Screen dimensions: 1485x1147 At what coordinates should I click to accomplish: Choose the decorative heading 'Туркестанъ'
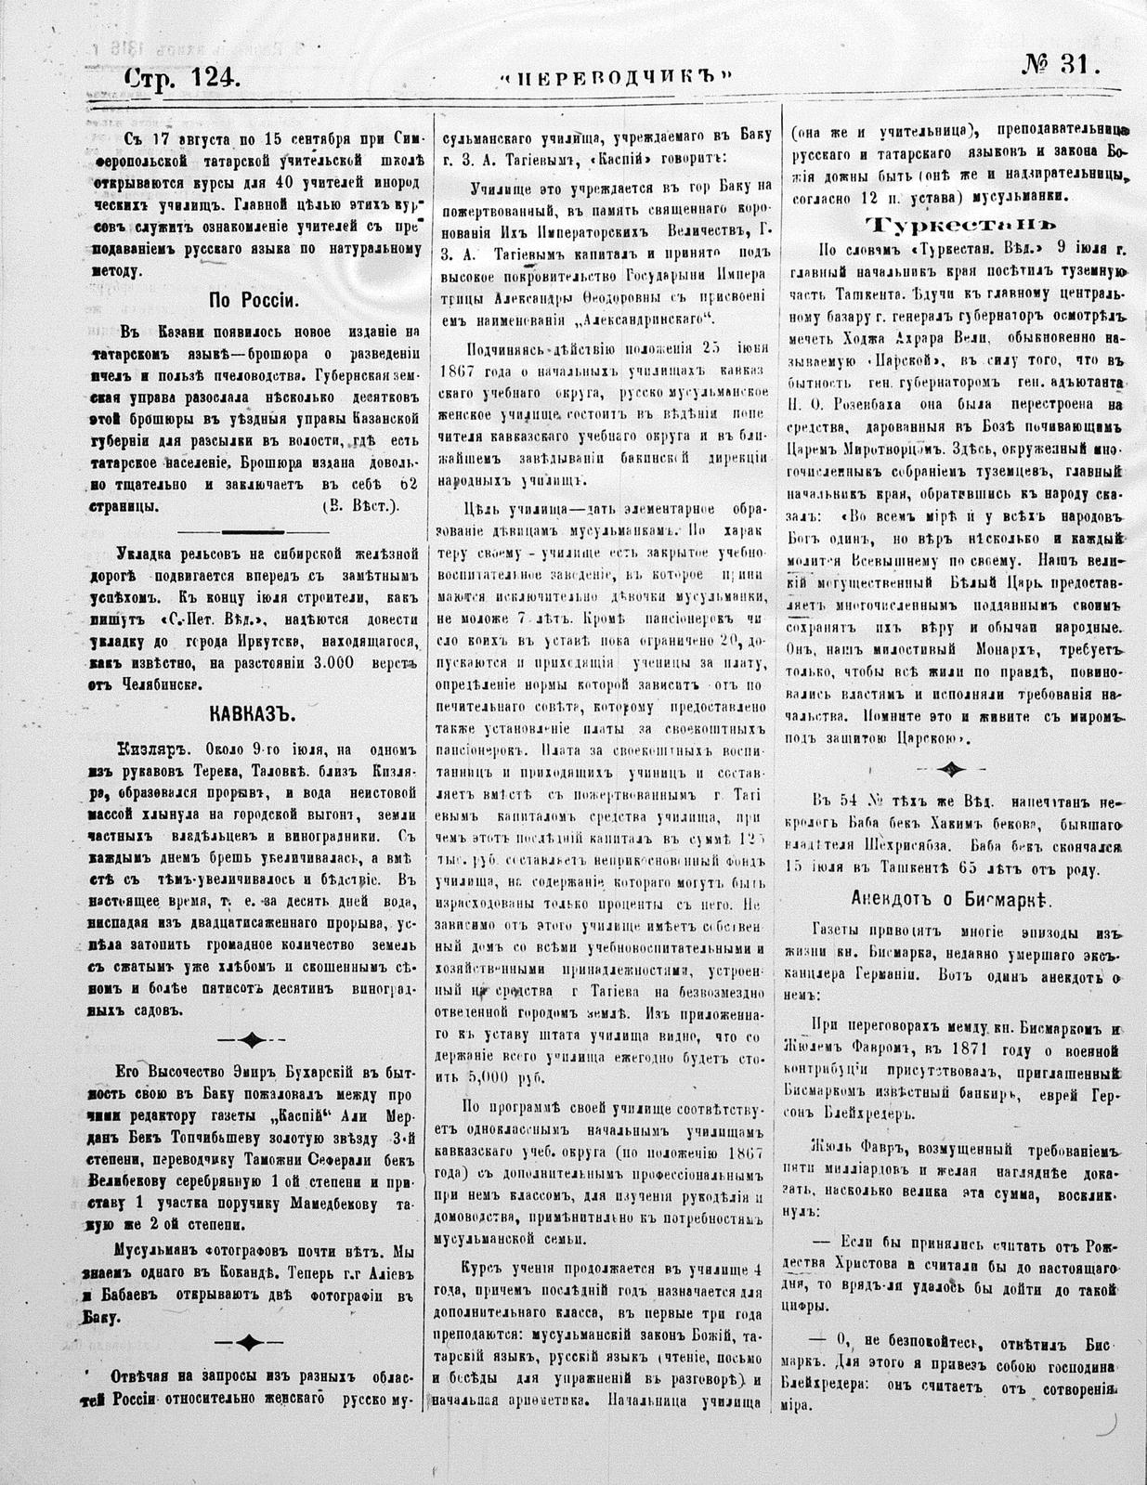click(x=961, y=226)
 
